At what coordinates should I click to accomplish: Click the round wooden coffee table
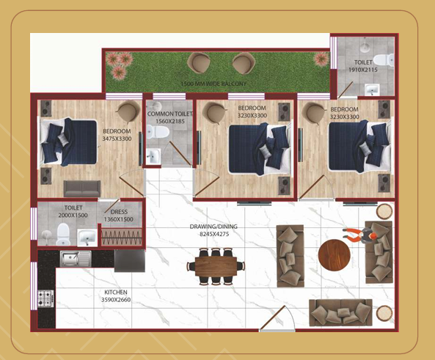(334, 255)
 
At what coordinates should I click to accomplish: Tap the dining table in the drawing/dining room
(216, 266)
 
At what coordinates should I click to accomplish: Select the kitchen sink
(76, 259)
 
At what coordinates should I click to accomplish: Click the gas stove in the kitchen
(45, 298)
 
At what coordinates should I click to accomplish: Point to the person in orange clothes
(360, 235)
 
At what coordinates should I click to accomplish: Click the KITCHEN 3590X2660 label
(116, 296)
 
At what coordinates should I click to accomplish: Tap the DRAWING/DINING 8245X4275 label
(213, 230)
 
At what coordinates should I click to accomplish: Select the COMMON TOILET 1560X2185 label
(169, 117)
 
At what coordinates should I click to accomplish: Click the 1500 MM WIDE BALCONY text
(213, 84)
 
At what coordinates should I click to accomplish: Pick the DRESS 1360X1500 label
(119, 216)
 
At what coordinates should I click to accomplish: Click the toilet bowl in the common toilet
(158, 131)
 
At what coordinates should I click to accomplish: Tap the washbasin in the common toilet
(153, 157)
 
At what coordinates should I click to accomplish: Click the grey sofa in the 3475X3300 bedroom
(82, 188)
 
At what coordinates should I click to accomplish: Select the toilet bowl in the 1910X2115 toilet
(384, 60)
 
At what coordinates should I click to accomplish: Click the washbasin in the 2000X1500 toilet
(87, 238)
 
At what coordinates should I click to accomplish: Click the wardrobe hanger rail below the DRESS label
(121, 238)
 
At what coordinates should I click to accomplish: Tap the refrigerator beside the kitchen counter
(130, 261)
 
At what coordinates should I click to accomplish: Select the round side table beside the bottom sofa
(384, 313)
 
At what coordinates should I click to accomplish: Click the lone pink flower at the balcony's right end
(321, 59)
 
